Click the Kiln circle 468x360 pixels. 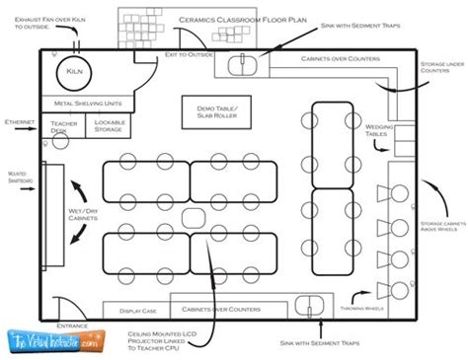point(75,72)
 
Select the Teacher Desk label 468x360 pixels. point(64,126)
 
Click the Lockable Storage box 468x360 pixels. point(108,125)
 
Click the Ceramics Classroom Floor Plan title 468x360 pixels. point(229,19)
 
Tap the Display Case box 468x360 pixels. point(136,310)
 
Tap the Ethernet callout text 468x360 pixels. point(19,121)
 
